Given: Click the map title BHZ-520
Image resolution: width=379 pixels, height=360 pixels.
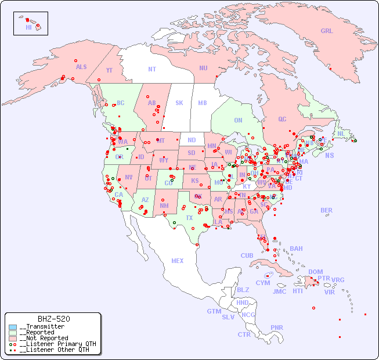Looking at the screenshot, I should (54, 319).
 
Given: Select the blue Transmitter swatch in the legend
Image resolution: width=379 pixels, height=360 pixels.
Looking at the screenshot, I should (13, 327).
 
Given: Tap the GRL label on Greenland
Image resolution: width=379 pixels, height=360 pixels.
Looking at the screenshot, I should (327, 31).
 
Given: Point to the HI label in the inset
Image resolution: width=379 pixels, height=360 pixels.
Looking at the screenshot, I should (28, 27).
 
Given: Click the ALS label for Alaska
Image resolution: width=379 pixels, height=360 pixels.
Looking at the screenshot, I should (81, 67).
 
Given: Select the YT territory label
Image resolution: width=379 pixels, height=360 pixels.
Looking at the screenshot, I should (109, 70).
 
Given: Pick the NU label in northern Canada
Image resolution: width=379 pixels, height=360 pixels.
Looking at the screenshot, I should (203, 68).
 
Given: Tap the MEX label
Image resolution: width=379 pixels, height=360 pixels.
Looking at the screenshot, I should (178, 261).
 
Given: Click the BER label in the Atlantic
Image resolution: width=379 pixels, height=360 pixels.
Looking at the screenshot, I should (327, 210).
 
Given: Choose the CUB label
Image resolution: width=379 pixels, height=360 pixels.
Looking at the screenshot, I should (247, 255).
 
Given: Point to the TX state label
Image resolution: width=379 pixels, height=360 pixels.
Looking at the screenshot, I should (189, 218).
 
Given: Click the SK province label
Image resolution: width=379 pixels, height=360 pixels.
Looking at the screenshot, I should (179, 103).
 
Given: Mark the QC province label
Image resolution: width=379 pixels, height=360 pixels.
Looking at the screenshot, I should (282, 119).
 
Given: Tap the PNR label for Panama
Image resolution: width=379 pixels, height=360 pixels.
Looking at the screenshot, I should (277, 327).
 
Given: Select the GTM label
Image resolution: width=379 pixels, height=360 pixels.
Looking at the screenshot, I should (214, 311).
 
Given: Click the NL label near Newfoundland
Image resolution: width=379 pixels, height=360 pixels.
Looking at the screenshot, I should (341, 133).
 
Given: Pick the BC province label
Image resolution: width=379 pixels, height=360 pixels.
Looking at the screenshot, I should (121, 103).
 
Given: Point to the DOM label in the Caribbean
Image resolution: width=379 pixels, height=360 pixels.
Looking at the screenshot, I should (315, 272).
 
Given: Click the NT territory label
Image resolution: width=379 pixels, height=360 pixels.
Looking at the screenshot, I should (152, 69).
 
